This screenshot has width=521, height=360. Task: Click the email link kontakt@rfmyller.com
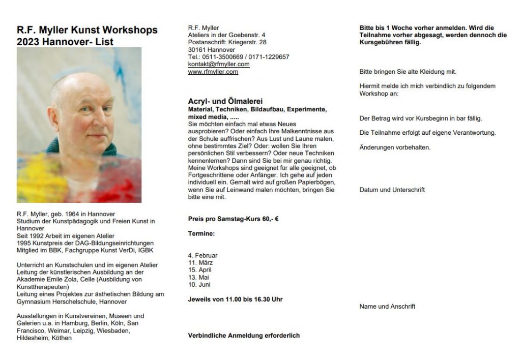[219, 65]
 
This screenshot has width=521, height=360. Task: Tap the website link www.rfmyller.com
[213, 72]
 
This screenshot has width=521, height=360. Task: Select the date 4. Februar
[202, 255]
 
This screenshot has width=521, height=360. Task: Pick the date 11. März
[200, 262]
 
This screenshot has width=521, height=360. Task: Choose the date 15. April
[200, 269]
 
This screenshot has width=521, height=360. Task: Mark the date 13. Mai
[198, 277]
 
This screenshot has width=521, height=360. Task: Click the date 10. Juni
[199, 284]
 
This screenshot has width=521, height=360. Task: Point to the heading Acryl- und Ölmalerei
[225, 102]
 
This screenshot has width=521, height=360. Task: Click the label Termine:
[201, 233]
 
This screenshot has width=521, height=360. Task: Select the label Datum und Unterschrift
[392, 190]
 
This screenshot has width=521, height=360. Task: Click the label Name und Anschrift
[387, 306]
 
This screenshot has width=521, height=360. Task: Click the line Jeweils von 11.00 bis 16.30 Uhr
[235, 299]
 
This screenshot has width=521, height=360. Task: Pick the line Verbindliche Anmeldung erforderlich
[244, 336]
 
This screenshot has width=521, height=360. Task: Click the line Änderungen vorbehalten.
[395, 147]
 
